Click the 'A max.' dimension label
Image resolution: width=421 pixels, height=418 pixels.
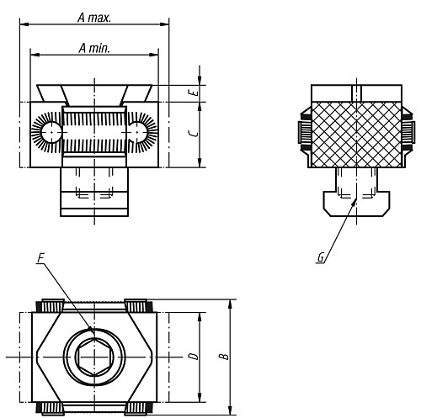[93, 16]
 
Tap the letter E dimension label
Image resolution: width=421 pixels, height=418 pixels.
[195, 93]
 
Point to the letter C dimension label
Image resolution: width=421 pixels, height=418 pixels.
[194, 133]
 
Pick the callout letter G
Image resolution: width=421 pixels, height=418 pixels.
[320, 259]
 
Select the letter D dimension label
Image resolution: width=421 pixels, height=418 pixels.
[193, 357]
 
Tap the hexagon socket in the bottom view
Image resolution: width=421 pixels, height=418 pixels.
[93, 357]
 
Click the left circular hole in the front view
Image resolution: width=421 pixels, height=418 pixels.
[51, 131]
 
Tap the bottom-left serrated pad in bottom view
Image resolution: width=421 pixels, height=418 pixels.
[51, 410]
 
